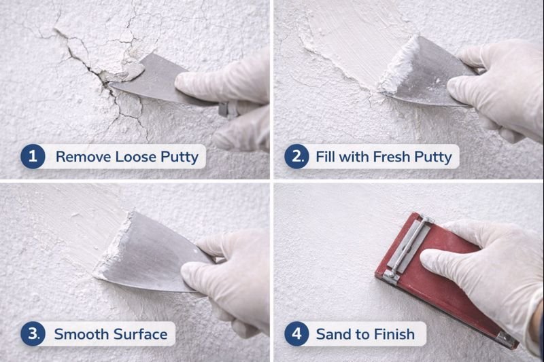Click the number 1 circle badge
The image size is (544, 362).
32,157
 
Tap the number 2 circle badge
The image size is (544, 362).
296,157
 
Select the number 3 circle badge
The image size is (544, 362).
32,333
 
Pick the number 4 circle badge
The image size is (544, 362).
296,333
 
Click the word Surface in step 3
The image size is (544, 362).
137,333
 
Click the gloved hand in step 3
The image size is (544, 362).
228,272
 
